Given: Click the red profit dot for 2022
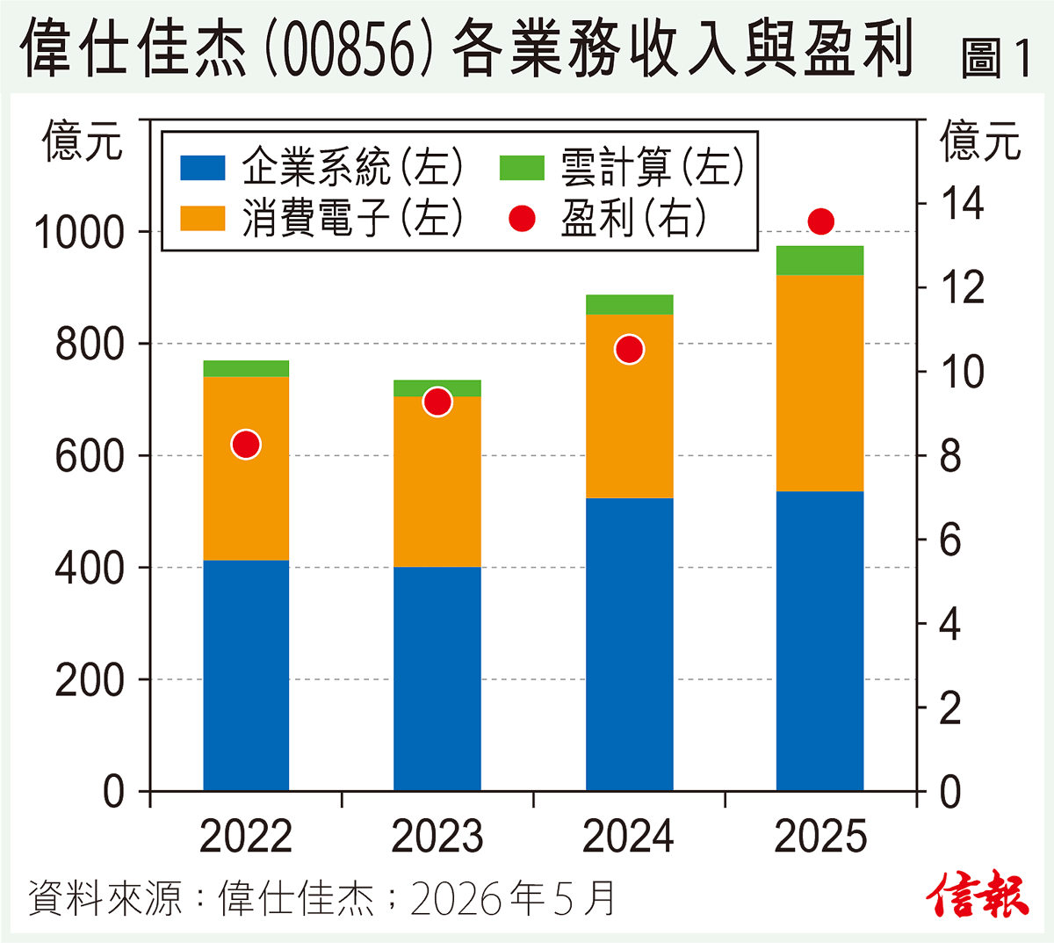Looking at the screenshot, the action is click(246, 444).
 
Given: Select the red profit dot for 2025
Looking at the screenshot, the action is click(820, 221).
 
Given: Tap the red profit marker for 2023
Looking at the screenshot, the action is click(437, 402).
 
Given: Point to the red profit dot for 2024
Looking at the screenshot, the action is click(629, 350).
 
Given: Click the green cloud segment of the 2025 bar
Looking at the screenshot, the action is click(819, 260).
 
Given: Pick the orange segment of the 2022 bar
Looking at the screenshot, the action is click(246, 468).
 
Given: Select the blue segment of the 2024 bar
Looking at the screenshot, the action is click(630, 645).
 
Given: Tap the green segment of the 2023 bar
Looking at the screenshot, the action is click(437, 388).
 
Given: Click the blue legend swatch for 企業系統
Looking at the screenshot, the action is click(202, 168).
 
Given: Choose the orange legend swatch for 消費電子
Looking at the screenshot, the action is click(202, 218).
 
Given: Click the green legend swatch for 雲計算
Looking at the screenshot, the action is click(522, 168).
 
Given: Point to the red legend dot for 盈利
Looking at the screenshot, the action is click(522, 218).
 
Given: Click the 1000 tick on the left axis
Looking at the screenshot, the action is click(79, 232).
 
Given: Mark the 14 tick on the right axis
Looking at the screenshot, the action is click(962, 203).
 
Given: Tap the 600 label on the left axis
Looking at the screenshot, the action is click(90, 456).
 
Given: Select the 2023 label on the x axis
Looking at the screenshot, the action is click(437, 837).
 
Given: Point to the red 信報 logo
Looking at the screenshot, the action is click(977, 894).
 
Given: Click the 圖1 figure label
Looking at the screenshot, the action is click(994, 58).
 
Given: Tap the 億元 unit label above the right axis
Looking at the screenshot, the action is click(979, 140).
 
